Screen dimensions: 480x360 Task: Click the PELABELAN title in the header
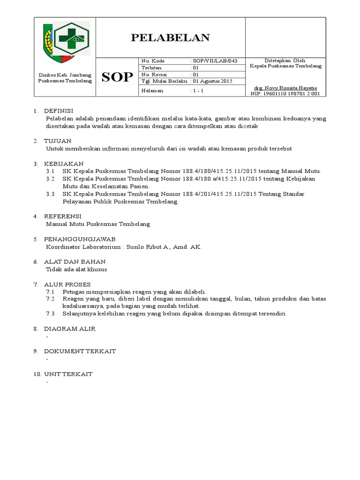pyautogui.click(x=170, y=38)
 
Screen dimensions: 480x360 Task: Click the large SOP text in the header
pyautogui.click(x=117, y=78)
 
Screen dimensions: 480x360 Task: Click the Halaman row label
pyautogui.click(x=152, y=90)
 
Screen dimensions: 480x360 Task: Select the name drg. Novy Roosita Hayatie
pyautogui.click(x=285, y=88)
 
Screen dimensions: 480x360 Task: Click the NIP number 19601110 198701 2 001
pyautogui.click(x=285, y=94)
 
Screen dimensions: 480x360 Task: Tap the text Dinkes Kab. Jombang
pyautogui.click(x=65, y=75)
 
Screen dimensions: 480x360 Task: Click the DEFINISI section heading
pyautogui.click(x=59, y=111)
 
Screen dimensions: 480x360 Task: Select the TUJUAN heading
pyautogui.click(x=57, y=141)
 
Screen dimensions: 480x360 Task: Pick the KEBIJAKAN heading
pyautogui.click(x=63, y=164)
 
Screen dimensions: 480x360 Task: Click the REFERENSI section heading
pyautogui.click(x=63, y=216)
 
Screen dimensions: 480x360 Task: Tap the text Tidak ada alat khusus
pyautogui.click(x=76, y=269)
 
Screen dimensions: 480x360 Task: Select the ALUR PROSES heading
pyautogui.click(x=67, y=284)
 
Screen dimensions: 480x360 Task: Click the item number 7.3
pyautogui.click(x=50, y=314)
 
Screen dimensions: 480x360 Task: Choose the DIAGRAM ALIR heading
pyautogui.click(x=69, y=329)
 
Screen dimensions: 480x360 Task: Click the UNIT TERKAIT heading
pyautogui.click(x=68, y=374)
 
